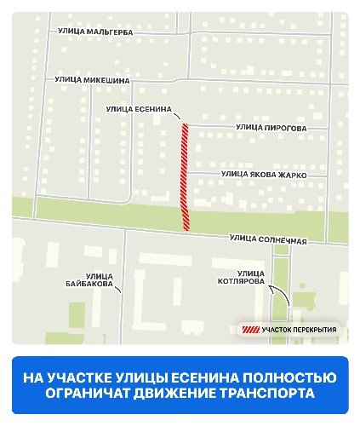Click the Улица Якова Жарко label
point(263,174)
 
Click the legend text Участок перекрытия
point(299,330)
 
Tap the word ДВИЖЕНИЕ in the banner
point(169,394)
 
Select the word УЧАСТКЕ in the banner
point(97,377)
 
